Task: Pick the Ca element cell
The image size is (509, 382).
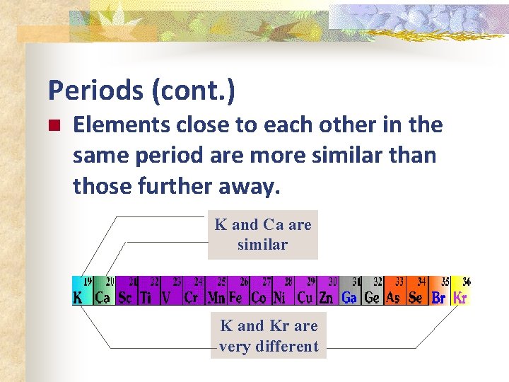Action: (x=104, y=291)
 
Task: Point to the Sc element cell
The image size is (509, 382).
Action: (x=127, y=291)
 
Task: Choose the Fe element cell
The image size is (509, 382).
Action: (x=238, y=291)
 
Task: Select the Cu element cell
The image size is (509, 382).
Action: (x=305, y=291)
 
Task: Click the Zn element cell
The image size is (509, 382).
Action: (x=327, y=291)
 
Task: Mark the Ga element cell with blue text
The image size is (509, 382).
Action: (x=349, y=291)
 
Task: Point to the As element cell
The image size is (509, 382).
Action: (x=394, y=291)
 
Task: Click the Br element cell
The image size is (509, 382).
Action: (x=439, y=291)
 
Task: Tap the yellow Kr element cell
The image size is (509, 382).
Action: (x=460, y=291)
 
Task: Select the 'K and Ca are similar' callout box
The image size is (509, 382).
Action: (x=263, y=235)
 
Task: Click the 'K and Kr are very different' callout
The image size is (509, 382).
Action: (x=269, y=336)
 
